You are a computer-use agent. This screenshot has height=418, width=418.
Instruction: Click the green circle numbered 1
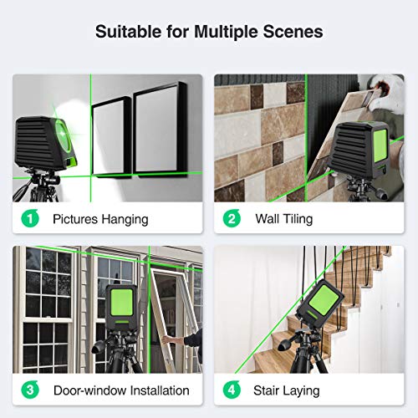[x=30, y=220]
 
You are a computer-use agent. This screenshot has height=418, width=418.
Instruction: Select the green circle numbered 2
[x=232, y=220]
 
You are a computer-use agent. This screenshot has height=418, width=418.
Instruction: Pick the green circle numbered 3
[x=30, y=390]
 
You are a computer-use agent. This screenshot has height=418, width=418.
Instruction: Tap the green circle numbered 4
[x=232, y=390]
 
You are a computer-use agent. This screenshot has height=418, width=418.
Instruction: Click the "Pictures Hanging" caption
[x=100, y=220]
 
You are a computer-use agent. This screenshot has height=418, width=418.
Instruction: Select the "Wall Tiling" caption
[x=284, y=220]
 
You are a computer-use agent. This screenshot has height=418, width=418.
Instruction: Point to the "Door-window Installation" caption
[x=120, y=390]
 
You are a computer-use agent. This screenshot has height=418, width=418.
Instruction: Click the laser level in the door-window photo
[x=126, y=306]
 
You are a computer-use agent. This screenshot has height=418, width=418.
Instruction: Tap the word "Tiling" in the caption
[x=298, y=220]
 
